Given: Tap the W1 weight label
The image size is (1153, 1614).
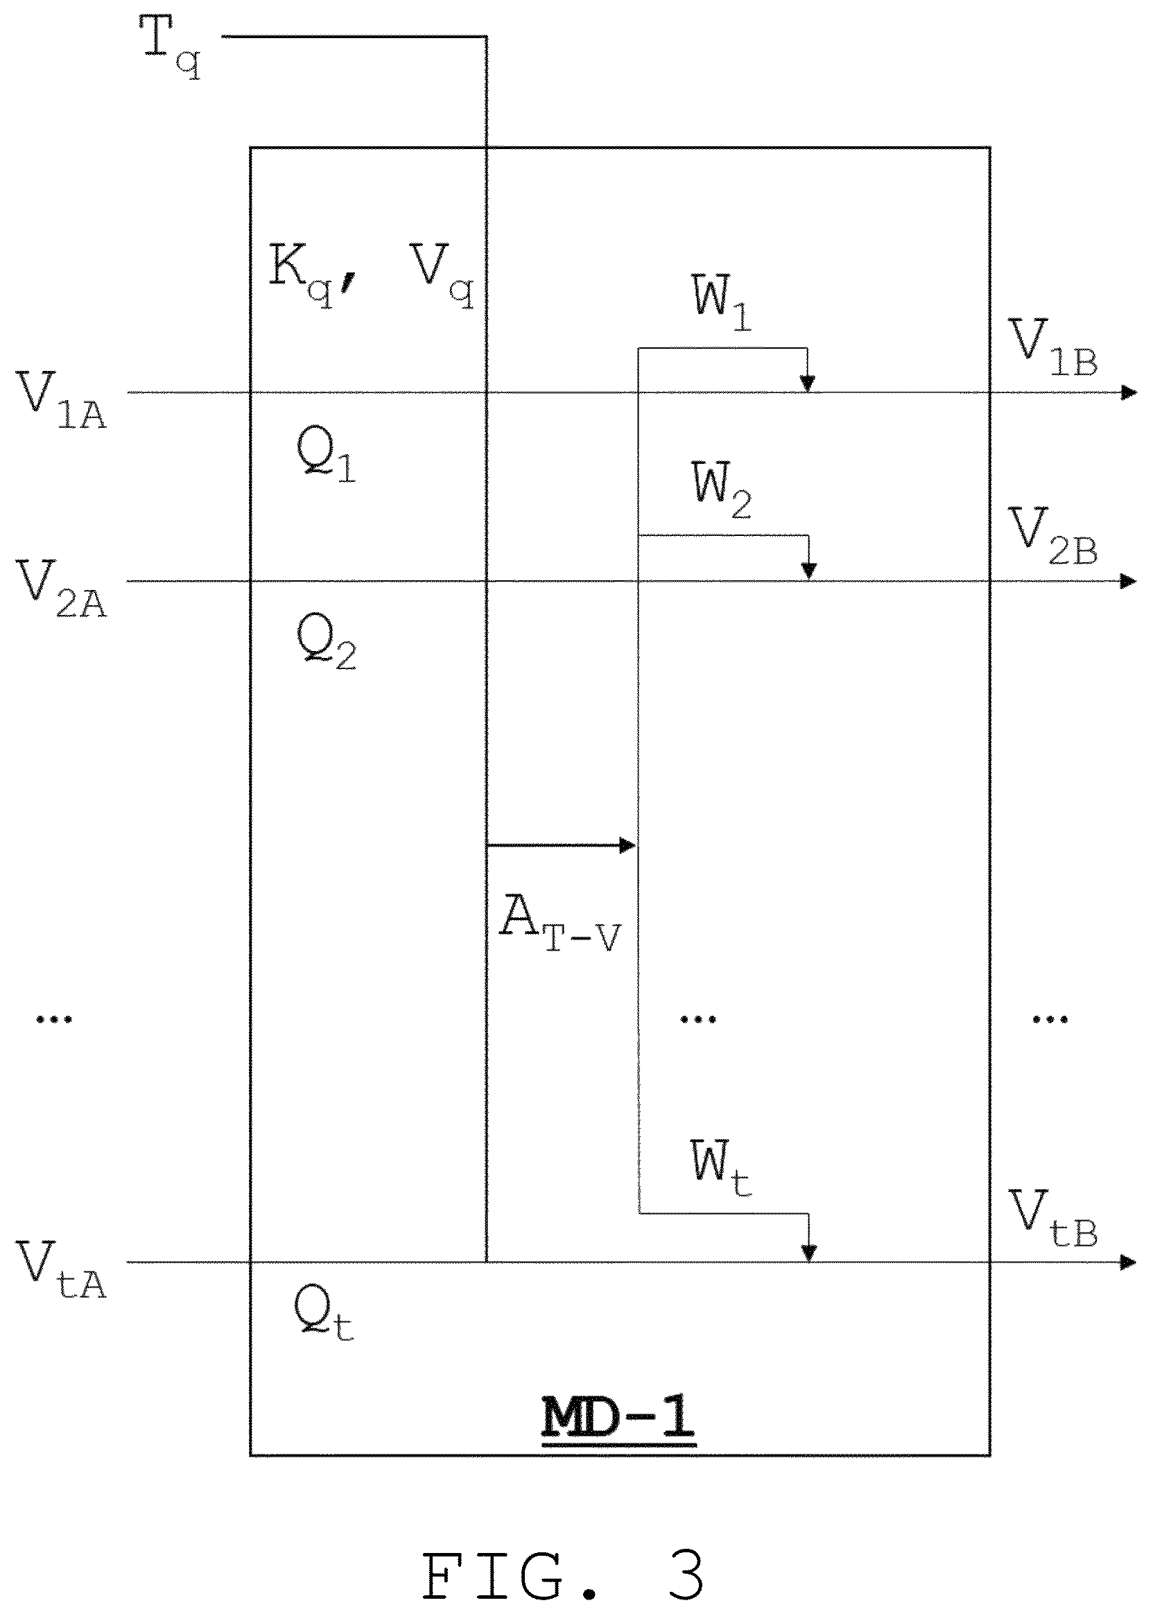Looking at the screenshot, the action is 721,303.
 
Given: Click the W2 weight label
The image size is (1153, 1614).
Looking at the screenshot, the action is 721,491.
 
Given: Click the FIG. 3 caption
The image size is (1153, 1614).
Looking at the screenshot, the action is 564,1571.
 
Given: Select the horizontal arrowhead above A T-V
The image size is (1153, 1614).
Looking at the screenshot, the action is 627,845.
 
